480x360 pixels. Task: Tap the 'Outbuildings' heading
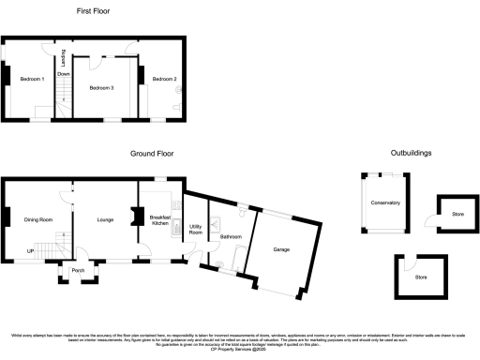click(x=412, y=152)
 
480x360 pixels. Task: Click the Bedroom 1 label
click(x=33, y=79)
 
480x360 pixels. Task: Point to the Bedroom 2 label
click(x=165, y=79)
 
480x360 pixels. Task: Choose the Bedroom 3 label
click(x=101, y=87)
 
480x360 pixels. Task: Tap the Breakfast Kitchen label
click(x=160, y=219)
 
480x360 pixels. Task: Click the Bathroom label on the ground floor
click(x=231, y=237)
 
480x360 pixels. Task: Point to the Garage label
click(x=282, y=249)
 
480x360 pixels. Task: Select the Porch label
click(x=78, y=270)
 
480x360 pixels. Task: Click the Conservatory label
click(x=385, y=202)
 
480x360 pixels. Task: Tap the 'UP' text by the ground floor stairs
click(x=30, y=251)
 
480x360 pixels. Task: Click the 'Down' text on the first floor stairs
click(x=64, y=73)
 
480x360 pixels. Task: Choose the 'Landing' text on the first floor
click(x=64, y=57)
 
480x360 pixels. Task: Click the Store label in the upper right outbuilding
click(x=457, y=215)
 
